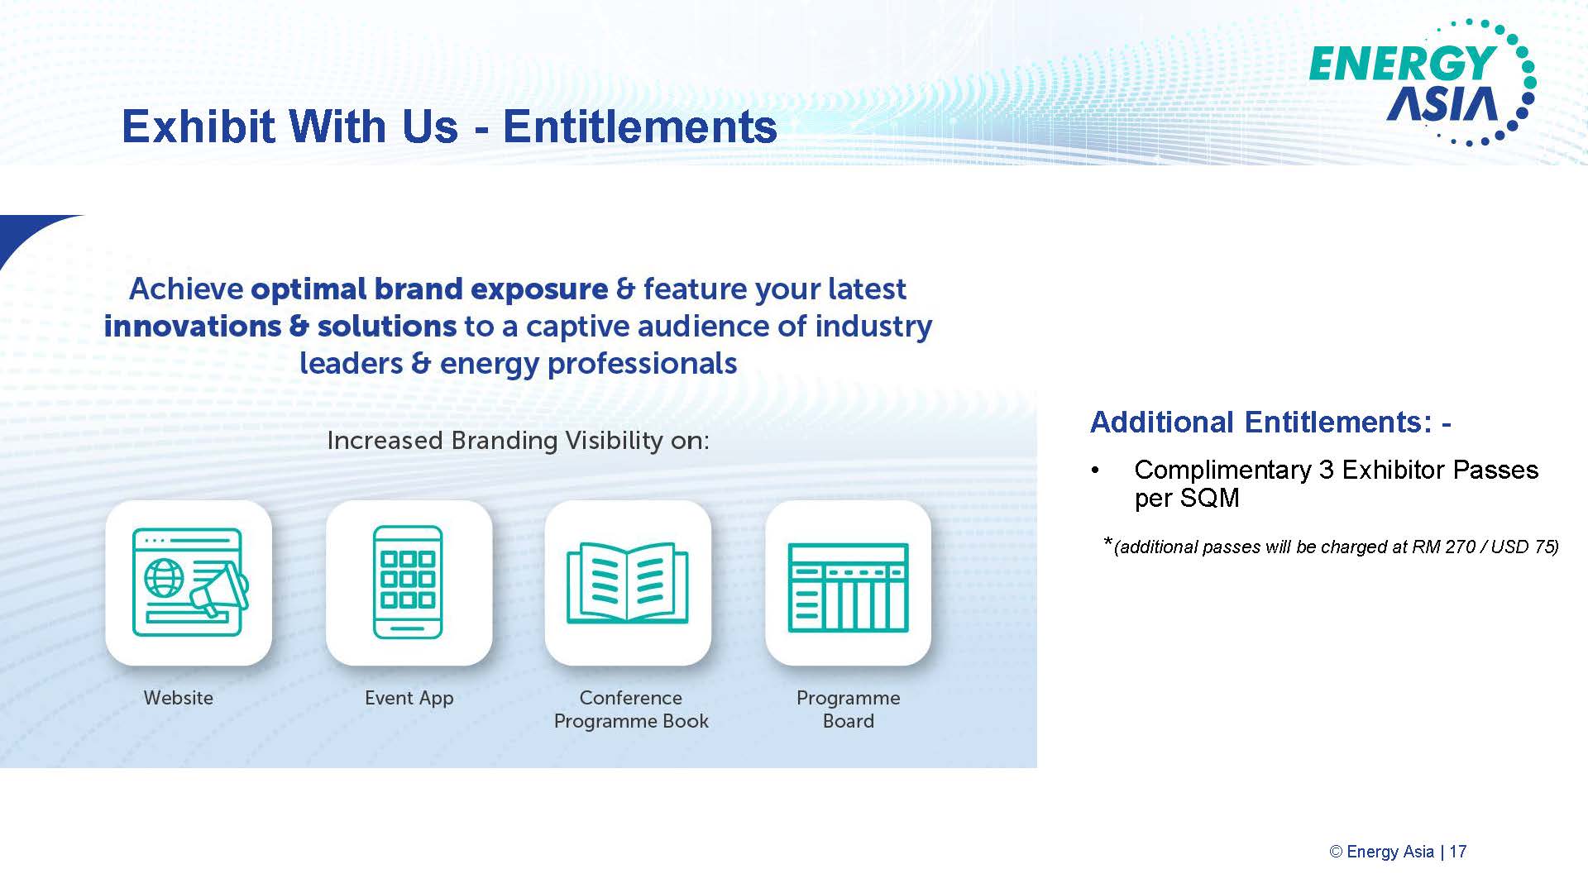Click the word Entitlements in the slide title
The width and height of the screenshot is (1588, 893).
point(639,127)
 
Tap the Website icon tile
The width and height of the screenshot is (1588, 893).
point(189,583)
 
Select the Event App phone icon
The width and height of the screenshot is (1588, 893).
point(408,582)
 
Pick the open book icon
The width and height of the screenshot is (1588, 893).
point(628,583)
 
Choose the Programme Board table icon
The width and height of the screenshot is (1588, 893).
point(848,587)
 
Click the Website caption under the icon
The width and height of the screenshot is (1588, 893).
point(179,698)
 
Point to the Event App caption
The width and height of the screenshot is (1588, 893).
point(409,699)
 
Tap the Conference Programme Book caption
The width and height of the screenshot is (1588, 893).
point(631,709)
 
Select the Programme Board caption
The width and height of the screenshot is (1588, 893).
point(849,709)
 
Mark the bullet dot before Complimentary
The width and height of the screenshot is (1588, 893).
point(1096,470)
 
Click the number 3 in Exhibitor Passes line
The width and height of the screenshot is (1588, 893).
point(1327,470)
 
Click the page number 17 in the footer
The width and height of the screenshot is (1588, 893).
point(1458,852)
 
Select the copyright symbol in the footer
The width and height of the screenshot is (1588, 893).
point(1336,852)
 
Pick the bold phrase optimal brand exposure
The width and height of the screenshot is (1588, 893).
point(429,289)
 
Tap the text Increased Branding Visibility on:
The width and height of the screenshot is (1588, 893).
point(519,441)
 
